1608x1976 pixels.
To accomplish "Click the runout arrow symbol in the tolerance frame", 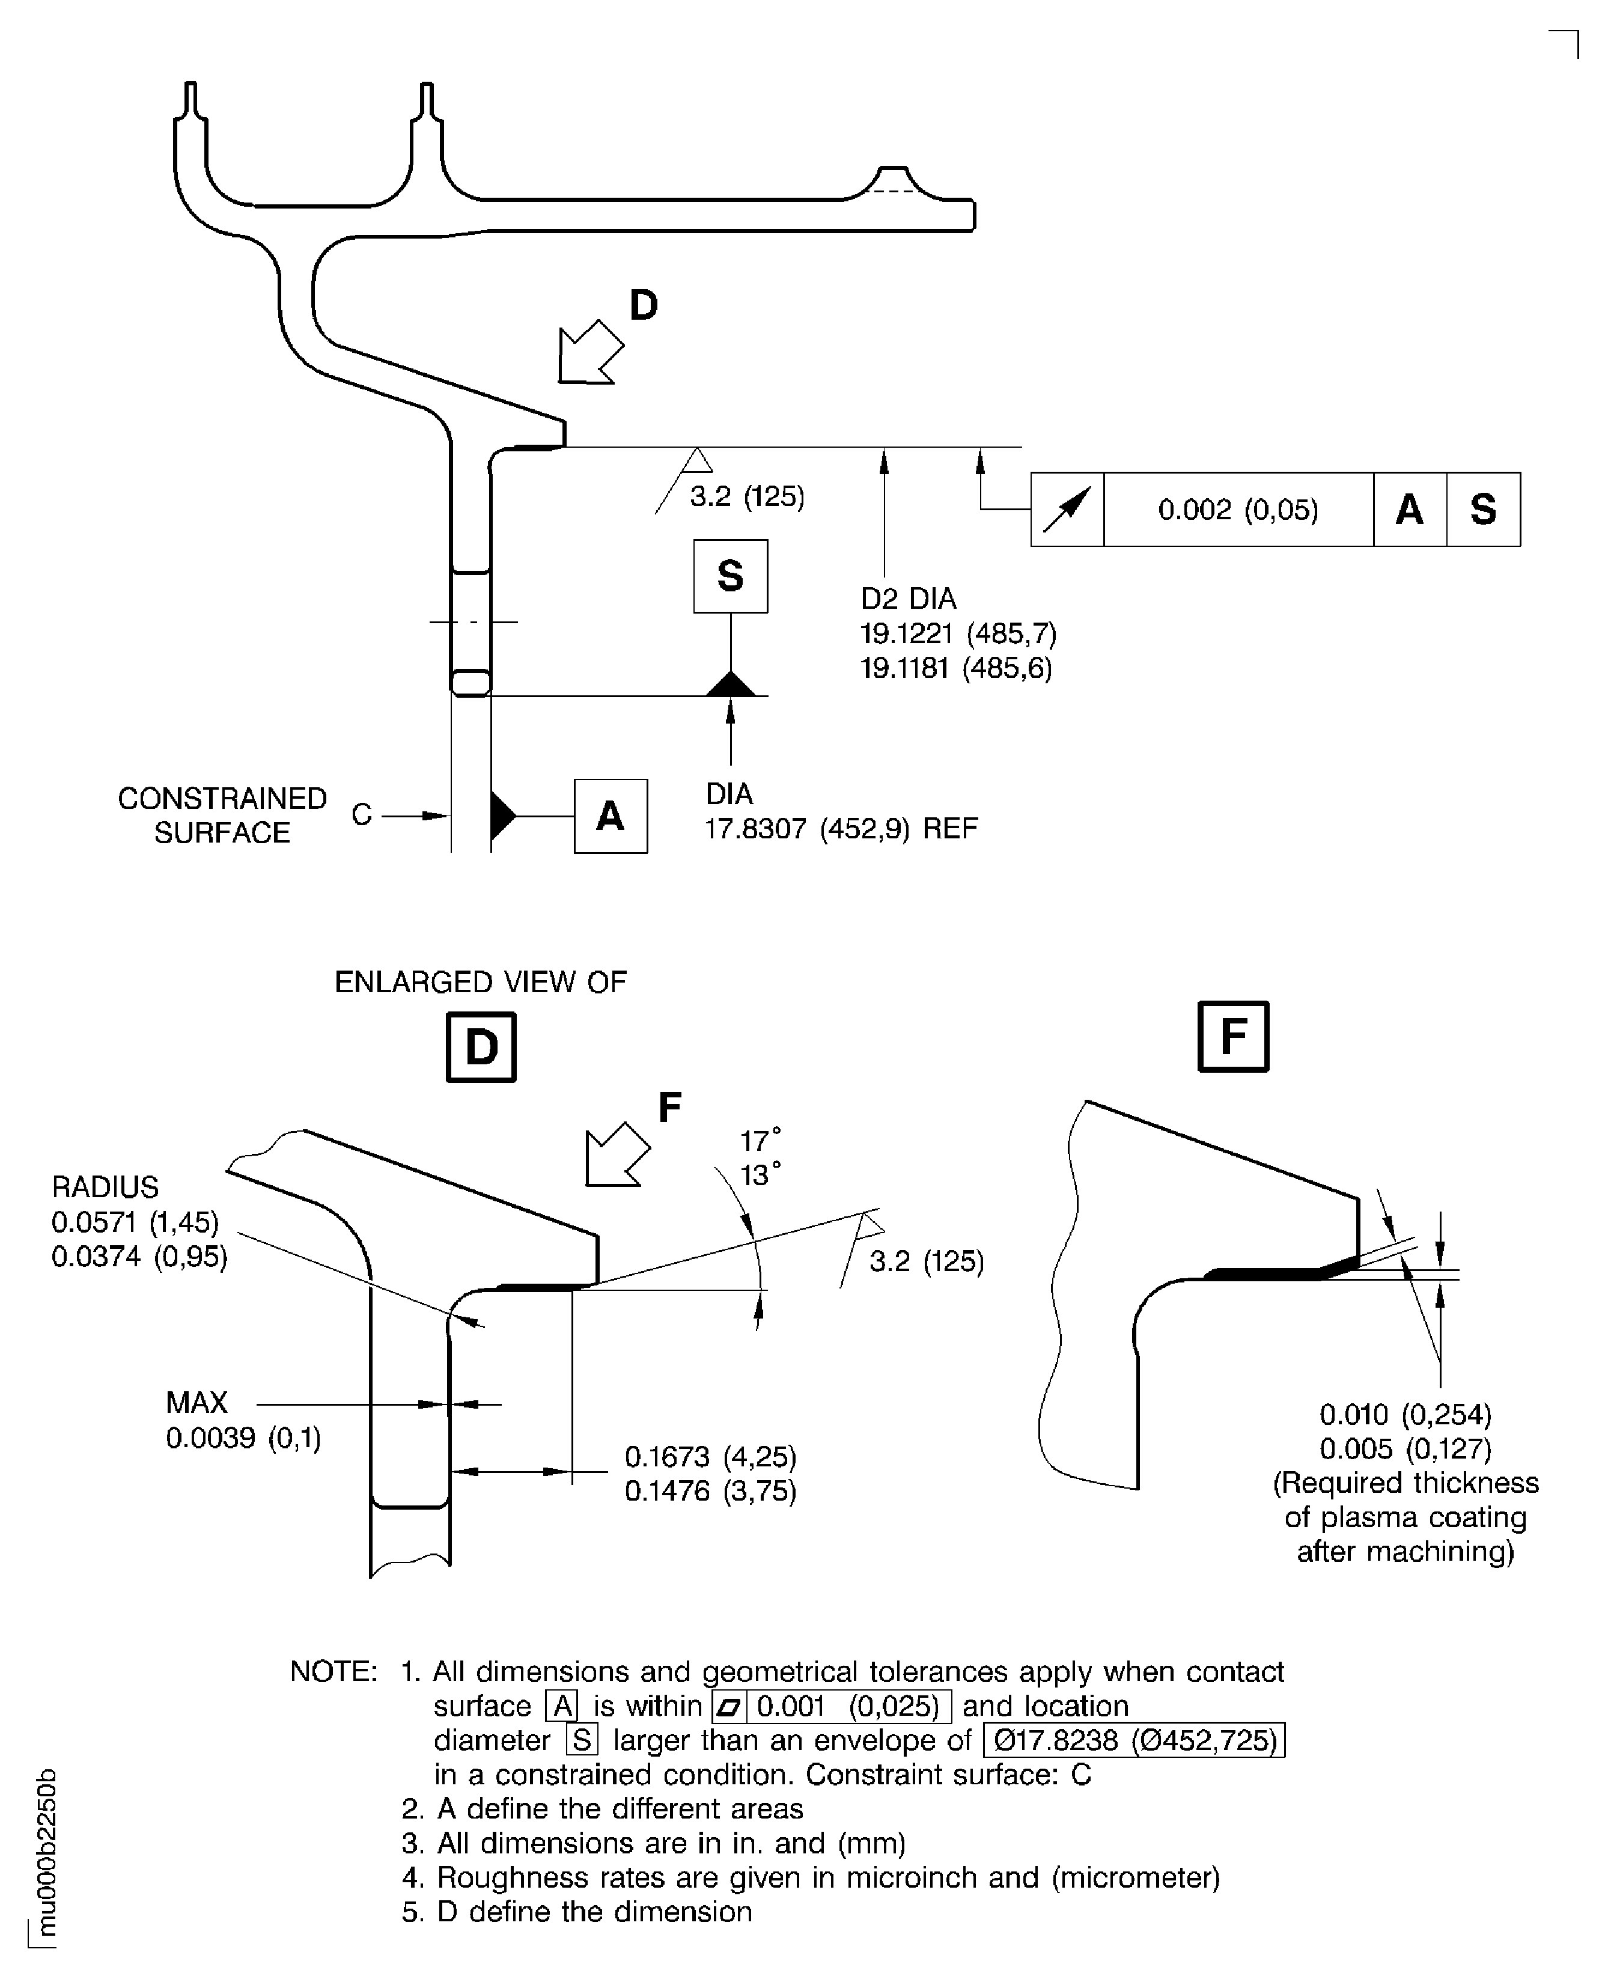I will pyautogui.click(x=1067, y=510).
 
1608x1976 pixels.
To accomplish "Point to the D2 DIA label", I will pyautogui.click(x=908, y=599).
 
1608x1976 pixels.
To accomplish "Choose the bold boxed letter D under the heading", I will pyautogui.click(x=481, y=1047).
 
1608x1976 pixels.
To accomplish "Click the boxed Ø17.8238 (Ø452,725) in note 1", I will pyautogui.click(x=1134, y=1740).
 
